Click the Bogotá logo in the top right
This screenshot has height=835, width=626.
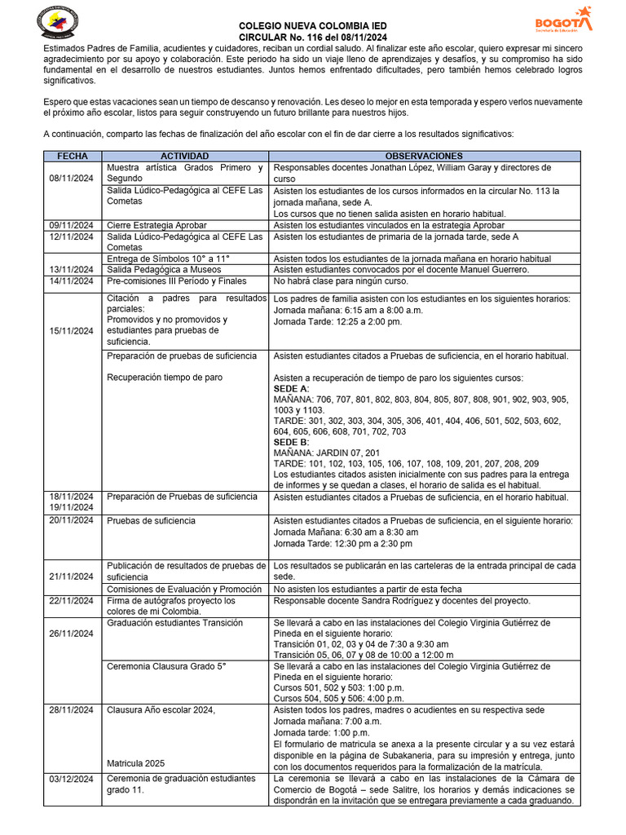click(x=563, y=21)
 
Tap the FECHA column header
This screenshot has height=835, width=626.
click(x=72, y=156)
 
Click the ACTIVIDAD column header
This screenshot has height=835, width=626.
click(x=184, y=156)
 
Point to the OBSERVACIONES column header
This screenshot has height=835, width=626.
click(x=424, y=156)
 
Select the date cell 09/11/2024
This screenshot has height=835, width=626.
click(x=72, y=226)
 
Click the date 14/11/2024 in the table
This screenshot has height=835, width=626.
click(x=72, y=281)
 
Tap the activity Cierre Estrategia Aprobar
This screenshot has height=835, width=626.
click(x=156, y=226)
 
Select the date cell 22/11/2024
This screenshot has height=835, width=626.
click(x=72, y=601)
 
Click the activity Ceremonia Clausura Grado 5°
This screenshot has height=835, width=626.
click(x=165, y=666)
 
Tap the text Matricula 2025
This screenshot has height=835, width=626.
click(x=135, y=763)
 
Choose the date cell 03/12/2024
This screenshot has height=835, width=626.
click(x=72, y=780)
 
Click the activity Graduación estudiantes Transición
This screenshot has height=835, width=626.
click(x=174, y=623)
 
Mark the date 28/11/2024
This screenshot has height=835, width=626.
click(x=72, y=710)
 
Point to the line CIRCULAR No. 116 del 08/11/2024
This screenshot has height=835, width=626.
click(x=313, y=38)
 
